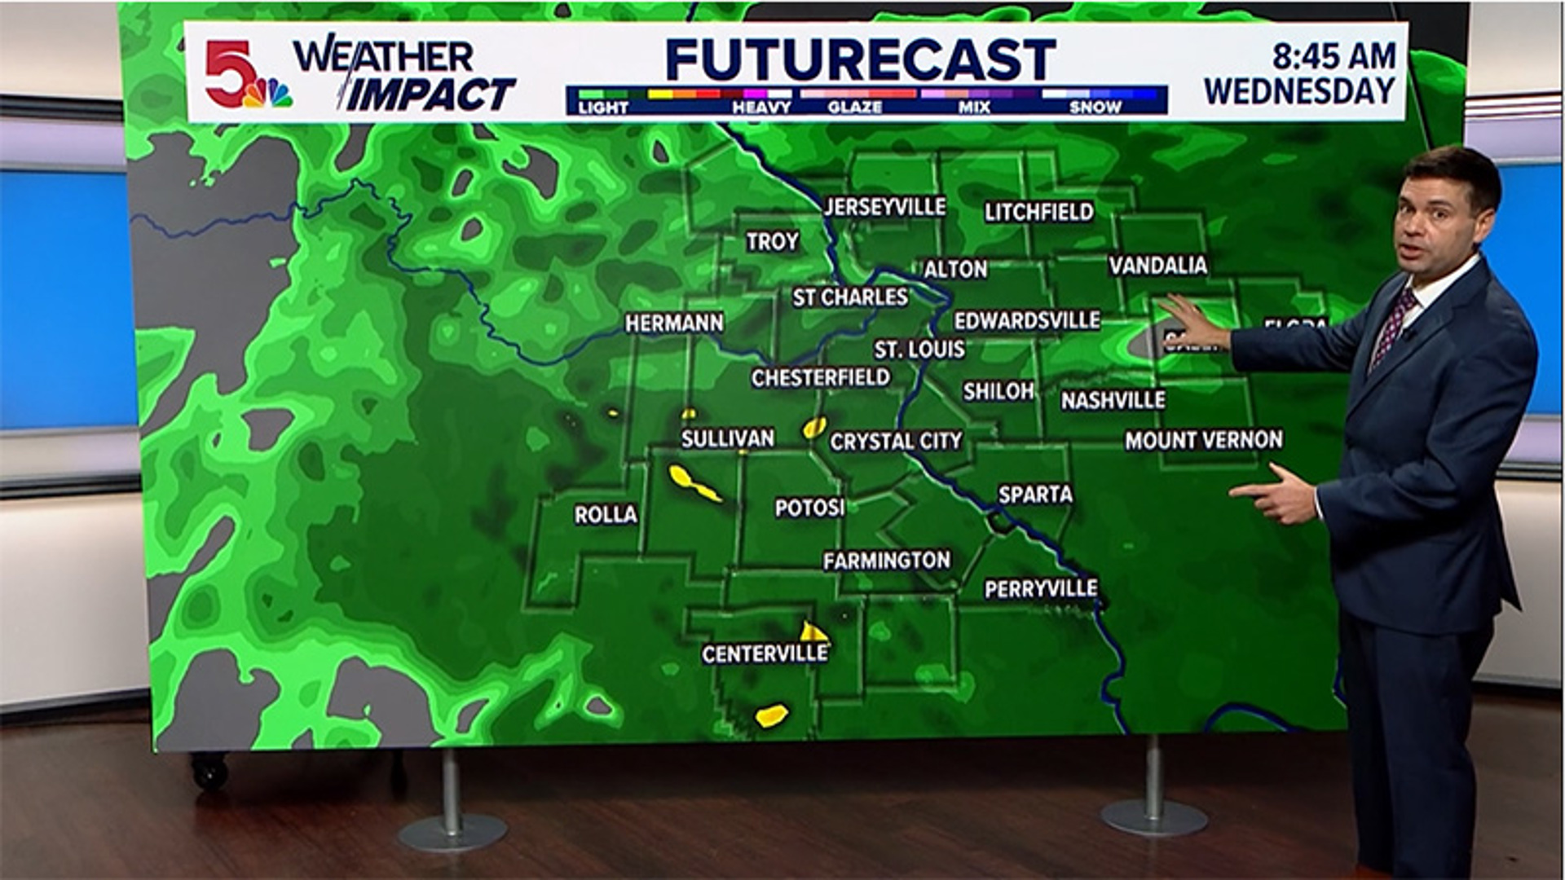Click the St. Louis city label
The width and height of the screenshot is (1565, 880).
[919, 350]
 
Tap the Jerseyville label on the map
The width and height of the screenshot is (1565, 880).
[885, 207]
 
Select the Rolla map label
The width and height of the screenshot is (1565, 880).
[606, 515]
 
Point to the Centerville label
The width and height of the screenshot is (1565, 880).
[765, 653]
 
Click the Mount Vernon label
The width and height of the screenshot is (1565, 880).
[1203, 441]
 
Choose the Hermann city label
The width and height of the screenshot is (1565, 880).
[674, 323]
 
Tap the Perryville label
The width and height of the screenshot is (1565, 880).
[1041, 588]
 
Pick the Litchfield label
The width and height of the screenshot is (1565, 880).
[1038, 213]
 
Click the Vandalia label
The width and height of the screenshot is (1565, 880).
[1157, 265]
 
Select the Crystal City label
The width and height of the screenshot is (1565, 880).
[896, 442]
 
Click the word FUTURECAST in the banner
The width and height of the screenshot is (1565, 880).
[861, 59]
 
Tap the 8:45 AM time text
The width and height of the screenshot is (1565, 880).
[1334, 56]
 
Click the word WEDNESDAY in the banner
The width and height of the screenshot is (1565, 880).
[1299, 91]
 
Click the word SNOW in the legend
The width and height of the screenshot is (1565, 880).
[1095, 108]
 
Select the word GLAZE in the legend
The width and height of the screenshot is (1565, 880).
[854, 108]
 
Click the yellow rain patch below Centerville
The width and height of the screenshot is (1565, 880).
[771, 715]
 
